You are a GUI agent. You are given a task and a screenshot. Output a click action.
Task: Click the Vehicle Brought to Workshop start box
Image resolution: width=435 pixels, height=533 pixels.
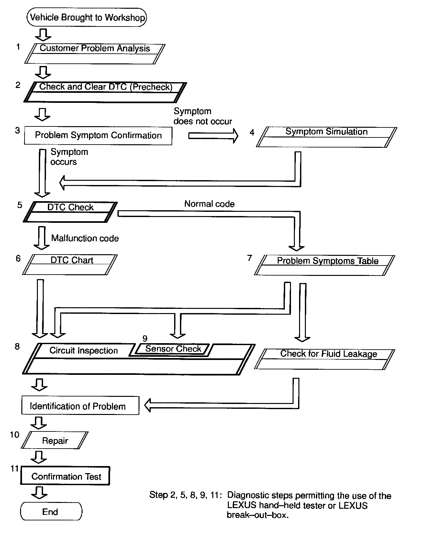pyautogui.click(x=87, y=17)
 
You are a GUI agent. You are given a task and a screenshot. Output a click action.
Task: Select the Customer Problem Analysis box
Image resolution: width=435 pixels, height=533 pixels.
pyautogui.click(x=95, y=53)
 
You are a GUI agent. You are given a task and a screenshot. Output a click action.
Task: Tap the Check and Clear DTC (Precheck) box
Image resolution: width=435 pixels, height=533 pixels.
pyautogui.click(x=106, y=92)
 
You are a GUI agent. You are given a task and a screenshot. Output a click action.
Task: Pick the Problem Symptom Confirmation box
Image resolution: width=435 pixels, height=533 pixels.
pyautogui.click(x=98, y=135)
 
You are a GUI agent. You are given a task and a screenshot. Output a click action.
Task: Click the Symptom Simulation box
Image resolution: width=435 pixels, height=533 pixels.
pyautogui.click(x=326, y=137)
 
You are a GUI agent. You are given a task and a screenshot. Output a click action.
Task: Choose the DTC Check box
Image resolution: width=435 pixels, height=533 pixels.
pyautogui.click(x=70, y=212)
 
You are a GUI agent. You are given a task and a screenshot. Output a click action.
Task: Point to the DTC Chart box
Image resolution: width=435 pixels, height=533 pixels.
pyautogui.click(x=70, y=264)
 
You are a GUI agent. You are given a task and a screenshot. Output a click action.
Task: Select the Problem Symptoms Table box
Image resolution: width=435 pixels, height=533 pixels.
pyautogui.click(x=325, y=265)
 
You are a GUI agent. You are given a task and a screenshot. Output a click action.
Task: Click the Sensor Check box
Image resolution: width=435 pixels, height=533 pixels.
pyautogui.click(x=173, y=349)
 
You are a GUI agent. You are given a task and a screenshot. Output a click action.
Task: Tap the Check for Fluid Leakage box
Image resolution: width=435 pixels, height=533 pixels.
pyautogui.click(x=325, y=359)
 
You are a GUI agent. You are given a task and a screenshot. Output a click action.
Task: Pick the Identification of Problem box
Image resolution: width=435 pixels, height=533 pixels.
pyautogui.click(x=80, y=406)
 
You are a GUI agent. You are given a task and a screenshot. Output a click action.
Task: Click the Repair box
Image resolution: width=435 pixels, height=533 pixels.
pyautogui.click(x=55, y=440)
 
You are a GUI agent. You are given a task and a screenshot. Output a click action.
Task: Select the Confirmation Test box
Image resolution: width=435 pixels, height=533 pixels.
pyautogui.click(x=65, y=476)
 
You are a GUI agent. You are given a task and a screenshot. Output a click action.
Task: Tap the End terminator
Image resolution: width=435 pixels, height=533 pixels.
pyautogui.click(x=51, y=511)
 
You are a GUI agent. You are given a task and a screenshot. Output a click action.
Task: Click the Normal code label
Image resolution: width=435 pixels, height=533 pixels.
pyautogui.click(x=209, y=204)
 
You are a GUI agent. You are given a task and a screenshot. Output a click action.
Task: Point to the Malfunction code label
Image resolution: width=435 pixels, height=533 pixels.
pyautogui.click(x=85, y=238)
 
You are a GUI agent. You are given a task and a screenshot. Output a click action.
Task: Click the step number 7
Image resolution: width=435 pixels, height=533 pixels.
pyautogui.click(x=250, y=258)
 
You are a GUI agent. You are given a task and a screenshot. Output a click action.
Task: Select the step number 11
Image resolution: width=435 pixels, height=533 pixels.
pyautogui.click(x=15, y=468)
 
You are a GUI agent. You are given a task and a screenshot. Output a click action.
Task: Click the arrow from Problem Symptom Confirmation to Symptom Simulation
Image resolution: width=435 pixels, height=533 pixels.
pyautogui.click(x=213, y=136)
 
